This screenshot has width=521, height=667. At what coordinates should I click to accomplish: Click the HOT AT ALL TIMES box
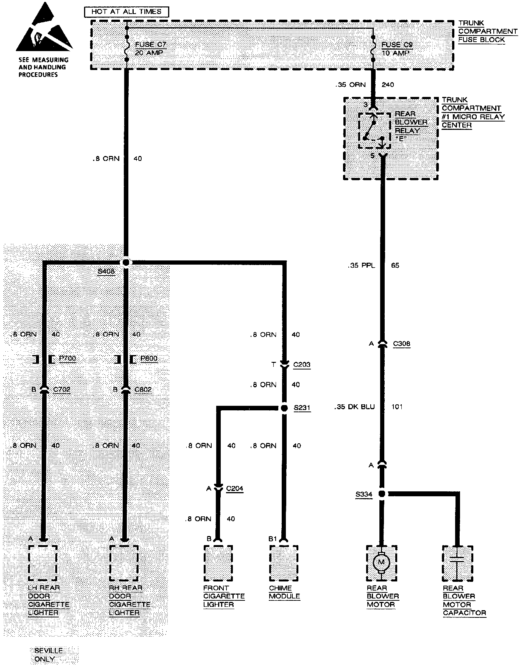pyautogui.click(x=126, y=12)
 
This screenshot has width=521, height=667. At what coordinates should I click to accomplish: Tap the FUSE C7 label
pyautogui.click(x=150, y=44)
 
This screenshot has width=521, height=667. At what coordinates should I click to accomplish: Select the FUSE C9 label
pyautogui.click(x=397, y=44)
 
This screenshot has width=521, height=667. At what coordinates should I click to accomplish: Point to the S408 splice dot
pyautogui.click(x=126, y=262)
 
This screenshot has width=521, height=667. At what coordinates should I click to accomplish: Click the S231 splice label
pyautogui.click(x=302, y=408)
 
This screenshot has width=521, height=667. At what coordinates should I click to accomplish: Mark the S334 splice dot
pyautogui.click(x=382, y=494)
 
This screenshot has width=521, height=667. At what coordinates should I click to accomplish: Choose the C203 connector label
pyautogui.click(x=302, y=365)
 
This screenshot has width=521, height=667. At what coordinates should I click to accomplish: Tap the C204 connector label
pyautogui.click(x=234, y=488)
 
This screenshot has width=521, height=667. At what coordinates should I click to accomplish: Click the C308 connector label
pyautogui.click(x=401, y=344)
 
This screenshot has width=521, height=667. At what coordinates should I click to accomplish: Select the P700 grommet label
pyautogui.click(x=67, y=358)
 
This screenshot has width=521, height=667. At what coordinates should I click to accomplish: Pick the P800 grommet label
pyautogui.click(x=149, y=358)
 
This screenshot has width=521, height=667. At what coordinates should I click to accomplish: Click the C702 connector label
pyautogui.click(x=62, y=389)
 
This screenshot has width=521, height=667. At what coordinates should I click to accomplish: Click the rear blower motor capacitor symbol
pyautogui.click(x=458, y=563)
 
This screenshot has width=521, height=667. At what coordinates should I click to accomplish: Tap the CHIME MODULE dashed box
pyautogui.click(x=284, y=563)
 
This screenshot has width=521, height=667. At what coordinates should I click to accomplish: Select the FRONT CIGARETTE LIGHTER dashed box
pyautogui.click(x=218, y=563)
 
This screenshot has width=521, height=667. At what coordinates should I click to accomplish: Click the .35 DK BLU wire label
pyautogui.click(x=354, y=407)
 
